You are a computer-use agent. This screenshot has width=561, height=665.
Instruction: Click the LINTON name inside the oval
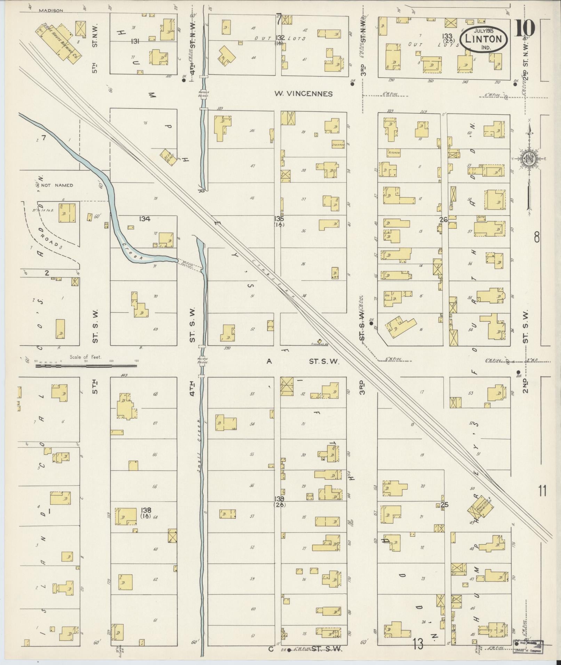click(483, 39)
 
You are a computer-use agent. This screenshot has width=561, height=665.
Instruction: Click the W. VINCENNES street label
click(303, 94)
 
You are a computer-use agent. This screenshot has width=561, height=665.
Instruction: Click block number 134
click(144, 219)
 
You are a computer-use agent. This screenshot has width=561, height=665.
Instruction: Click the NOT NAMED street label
click(57, 185)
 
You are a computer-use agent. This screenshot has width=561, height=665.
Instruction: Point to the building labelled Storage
click(338, 144)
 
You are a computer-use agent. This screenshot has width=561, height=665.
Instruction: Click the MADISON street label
click(51, 10)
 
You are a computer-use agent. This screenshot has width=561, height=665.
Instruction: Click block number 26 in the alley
click(443, 220)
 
